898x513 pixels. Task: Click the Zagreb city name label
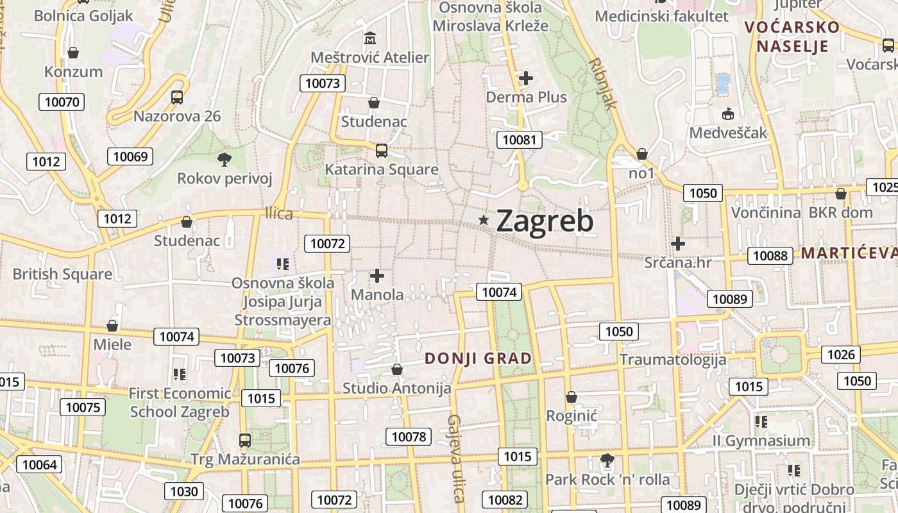545,221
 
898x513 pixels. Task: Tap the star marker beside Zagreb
484,221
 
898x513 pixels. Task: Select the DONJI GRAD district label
479,358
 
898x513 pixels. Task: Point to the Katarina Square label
382,169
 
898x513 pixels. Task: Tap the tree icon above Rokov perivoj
224,159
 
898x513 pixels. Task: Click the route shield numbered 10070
62,101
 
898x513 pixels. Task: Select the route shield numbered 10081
519,140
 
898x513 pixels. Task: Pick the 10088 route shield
770,255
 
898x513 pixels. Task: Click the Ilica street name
279,214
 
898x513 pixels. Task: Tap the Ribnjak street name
603,83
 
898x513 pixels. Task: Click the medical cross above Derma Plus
526,78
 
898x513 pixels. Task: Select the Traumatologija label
672,359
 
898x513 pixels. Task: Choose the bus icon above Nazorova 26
177,97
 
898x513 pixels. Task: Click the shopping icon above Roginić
572,398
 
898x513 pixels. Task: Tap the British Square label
62,274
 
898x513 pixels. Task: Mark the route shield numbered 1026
841,355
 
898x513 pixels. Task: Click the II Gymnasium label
761,441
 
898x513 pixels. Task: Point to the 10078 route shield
409,437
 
